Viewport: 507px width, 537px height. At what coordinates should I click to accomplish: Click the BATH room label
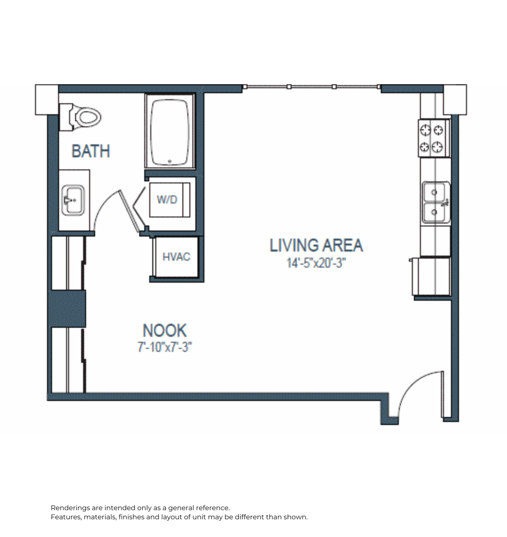(x=90, y=151)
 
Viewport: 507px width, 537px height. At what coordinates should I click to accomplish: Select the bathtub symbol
(x=170, y=131)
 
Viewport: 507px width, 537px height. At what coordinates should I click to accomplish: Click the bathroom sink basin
(x=73, y=200)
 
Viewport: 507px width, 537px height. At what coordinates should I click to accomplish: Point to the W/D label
(x=167, y=199)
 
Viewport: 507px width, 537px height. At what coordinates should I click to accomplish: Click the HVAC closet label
(x=176, y=257)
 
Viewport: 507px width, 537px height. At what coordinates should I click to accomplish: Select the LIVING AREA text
(x=316, y=245)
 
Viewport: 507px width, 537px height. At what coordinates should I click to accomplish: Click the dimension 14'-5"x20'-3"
(x=316, y=263)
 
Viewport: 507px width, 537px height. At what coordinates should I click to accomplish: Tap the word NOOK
(x=165, y=330)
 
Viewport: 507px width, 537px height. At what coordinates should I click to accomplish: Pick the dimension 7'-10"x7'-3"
(x=165, y=347)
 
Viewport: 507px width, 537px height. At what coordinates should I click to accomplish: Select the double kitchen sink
(x=435, y=202)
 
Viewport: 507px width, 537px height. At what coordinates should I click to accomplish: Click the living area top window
(x=311, y=86)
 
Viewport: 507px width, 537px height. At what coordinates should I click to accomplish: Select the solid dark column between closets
(x=67, y=309)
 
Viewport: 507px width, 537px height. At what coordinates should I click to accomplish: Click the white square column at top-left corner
(x=47, y=99)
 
